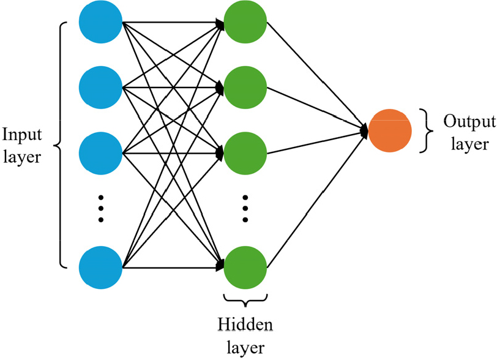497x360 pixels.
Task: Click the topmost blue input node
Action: [x=100, y=22]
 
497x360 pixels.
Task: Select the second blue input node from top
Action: [x=100, y=88]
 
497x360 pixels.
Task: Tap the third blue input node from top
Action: [x=100, y=154]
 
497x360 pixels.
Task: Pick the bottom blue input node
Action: [x=100, y=268]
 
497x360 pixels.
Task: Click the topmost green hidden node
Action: [x=245, y=22]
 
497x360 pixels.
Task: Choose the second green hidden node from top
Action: [x=245, y=88]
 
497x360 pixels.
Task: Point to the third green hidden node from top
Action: [x=245, y=154]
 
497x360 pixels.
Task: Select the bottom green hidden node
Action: [x=245, y=268]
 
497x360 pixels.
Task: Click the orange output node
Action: [x=390, y=130]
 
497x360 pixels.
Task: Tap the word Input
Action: [x=22, y=135]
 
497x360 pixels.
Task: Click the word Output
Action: [x=469, y=122]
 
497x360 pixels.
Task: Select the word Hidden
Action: [x=245, y=324]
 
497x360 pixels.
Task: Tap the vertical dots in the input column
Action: [x=101, y=209]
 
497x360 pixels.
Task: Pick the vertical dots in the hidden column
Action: [x=245, y=209]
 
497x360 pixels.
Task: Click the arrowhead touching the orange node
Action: [x=365, y=130]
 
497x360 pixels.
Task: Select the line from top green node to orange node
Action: [x=317, y=76]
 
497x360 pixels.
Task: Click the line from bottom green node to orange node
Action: [x=317, y=199]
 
